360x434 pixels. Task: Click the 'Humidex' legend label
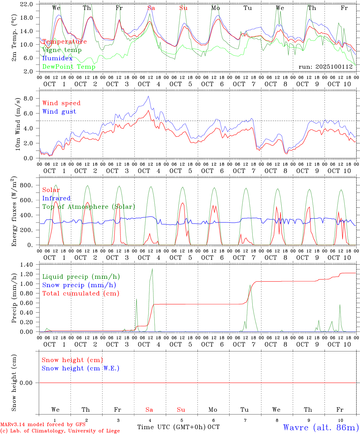click(57, 58)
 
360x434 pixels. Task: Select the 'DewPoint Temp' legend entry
click(69, 67)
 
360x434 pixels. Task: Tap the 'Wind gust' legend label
click(59, 112)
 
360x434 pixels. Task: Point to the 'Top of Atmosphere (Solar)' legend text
click(88, 207)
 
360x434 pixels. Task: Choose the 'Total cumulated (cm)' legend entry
click(81, 293)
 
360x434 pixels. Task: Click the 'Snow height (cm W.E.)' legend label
click(80, 368)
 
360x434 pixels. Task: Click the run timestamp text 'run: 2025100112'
click(326, 67)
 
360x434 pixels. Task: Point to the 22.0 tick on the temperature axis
click(27, 4)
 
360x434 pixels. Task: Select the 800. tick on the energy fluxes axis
click(27, 185)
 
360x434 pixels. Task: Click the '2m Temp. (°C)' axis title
click(14, 37)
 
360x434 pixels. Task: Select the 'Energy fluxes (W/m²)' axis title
click(14, 212)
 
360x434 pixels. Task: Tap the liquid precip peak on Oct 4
click(152, 269)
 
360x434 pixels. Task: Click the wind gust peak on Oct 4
click(148, 96)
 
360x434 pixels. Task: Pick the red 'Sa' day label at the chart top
click(151, 8)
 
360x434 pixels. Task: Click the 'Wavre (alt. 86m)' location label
click(321, 427)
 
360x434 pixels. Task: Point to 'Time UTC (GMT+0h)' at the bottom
click(172, 427)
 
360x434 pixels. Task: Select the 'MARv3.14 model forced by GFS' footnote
click(43, 424)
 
